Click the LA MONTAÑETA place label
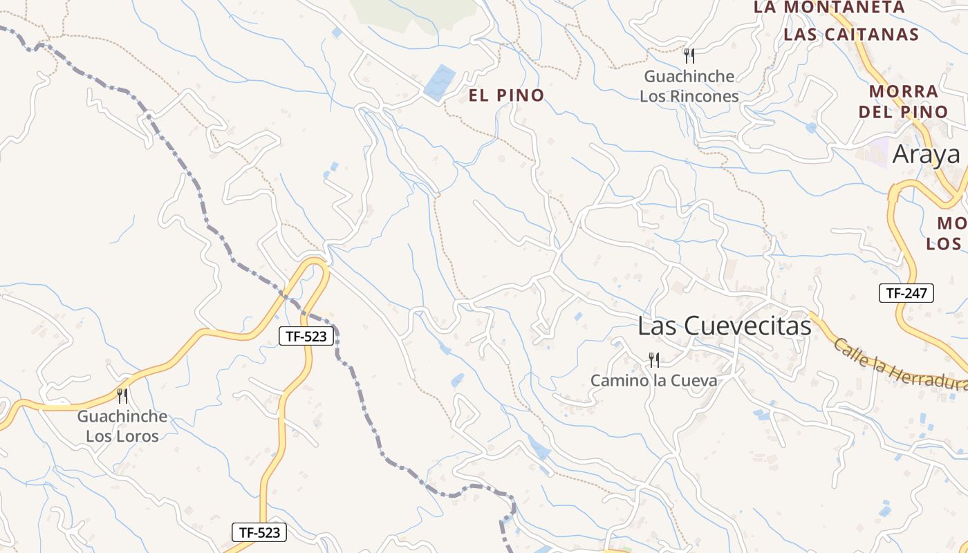[828, 8]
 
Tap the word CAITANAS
[874, 35]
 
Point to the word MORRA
[904, 91]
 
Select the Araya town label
[927, 155]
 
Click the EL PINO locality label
[507, 95]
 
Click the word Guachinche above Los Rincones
[689, 76]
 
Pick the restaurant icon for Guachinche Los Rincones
[689, 55]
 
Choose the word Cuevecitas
[748, 326]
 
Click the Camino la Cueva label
[653, 380]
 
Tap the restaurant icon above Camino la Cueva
[653, 359]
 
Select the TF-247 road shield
[906, 293]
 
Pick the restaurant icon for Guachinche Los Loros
[122, 395]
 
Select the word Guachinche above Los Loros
[122, 417]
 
